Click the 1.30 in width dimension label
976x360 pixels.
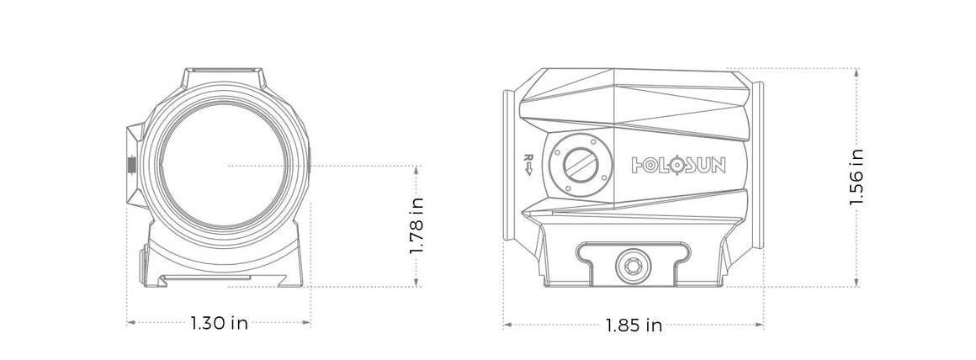[219, 323]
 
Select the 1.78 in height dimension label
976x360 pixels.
[416, 227]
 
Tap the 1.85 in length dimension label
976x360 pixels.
[634, 325]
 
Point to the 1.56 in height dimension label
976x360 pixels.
[857, 177]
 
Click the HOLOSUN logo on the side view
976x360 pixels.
[678, 164]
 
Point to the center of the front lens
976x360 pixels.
[227, 166]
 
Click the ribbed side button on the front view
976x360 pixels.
[130, 165]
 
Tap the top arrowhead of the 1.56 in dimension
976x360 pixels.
[857, 71]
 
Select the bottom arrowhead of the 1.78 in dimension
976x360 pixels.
[416, 283]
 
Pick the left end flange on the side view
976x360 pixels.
[509, 164]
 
